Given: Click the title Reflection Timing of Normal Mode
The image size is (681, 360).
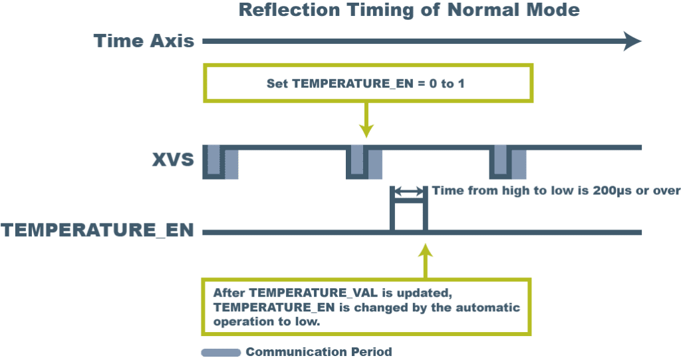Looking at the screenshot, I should (x=408, y=10).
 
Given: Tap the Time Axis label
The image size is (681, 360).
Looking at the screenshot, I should (x=144, y=41).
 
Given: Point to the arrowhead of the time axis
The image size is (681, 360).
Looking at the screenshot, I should (x=632, y=41).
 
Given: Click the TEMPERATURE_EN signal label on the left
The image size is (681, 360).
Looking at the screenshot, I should (x=97, y=232).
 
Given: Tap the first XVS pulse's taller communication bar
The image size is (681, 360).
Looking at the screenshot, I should (x=213, y=159).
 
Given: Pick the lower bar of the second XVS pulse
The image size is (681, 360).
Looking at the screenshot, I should (x=376, y=165).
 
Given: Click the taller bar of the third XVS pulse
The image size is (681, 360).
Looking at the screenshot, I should (x=501, y=159).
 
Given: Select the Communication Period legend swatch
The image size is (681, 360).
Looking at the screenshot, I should (x=220, y=352).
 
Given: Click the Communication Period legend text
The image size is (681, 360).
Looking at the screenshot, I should (x=319, y=352).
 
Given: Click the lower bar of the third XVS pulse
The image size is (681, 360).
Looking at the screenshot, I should (x=519, y=165).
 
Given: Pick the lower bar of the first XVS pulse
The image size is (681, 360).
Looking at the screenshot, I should (x=231, y=165).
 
